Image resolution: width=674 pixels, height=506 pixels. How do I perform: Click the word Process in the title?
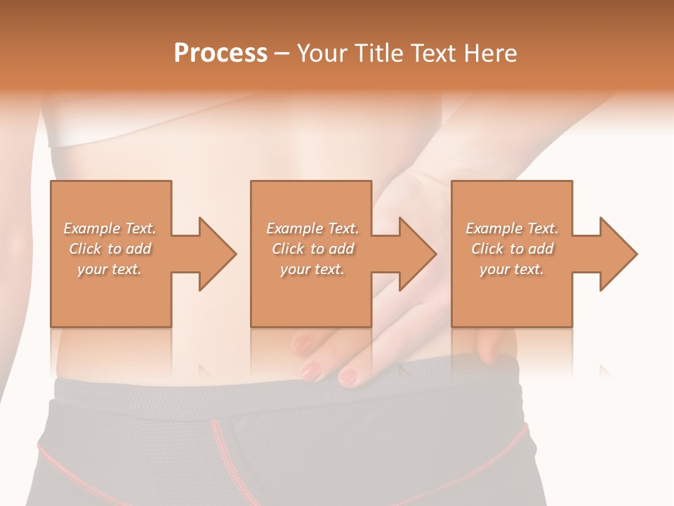(x=220, y=53)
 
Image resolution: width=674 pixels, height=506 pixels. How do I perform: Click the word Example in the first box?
(x=92, y=228)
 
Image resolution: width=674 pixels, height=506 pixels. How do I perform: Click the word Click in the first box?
(x=85, y=249)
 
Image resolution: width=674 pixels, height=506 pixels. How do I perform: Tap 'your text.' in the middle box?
(x=312, y=269)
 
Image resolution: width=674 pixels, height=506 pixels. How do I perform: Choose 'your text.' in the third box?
(x=511, y=269)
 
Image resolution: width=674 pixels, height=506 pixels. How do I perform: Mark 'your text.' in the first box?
(x=109, y=269)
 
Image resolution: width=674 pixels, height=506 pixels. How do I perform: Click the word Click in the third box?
(x=487, y=249)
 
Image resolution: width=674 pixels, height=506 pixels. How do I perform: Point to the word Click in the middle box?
(x=288, y=249)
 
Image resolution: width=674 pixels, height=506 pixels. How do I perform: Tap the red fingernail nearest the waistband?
(x=348, y=376)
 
